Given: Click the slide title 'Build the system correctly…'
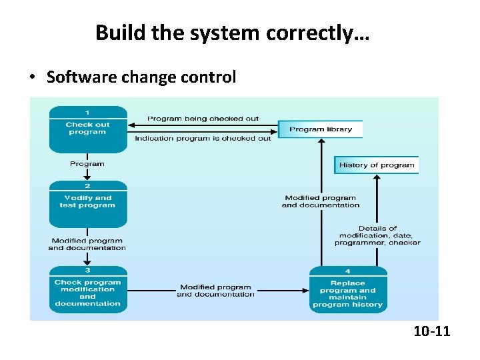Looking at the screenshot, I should tap(231, 32).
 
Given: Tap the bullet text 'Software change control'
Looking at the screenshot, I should tap(141, 77).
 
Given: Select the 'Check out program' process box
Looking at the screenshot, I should tap(87, 129).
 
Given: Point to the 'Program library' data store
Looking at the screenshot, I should tap(321, 129).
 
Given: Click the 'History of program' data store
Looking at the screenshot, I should tap(377, 165).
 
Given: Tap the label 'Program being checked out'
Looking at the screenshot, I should tap(203, 119).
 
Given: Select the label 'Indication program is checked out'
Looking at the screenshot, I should tap(203, 139).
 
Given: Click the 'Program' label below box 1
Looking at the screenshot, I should tap(87, 164).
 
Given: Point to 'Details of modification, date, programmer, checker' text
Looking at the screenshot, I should tap(377, 235).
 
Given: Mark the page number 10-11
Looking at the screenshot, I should tap(431, 330).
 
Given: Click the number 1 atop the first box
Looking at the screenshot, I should tap(87, 112).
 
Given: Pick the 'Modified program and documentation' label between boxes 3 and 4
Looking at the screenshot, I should tap(216, 291).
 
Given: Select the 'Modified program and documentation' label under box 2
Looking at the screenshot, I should tap(87, 244).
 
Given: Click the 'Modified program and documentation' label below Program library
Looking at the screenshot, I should tap(321, 201).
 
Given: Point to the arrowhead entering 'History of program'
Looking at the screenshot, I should tap(377, 177).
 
